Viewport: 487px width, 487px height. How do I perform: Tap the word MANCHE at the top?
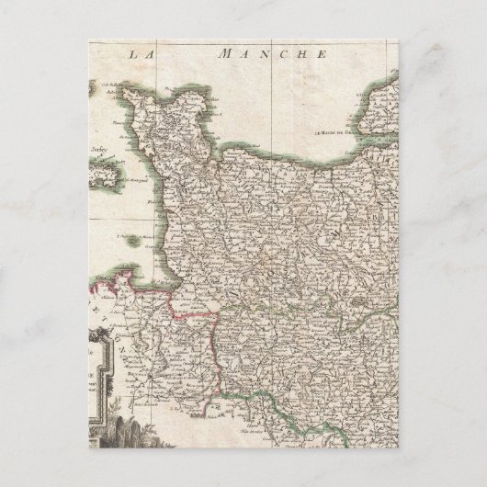pos(273,55)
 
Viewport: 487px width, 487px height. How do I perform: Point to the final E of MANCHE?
pos(323,55)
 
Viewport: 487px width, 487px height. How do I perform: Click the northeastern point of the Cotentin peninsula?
pos(206,102)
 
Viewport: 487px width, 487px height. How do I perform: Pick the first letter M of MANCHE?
pos(223,55)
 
